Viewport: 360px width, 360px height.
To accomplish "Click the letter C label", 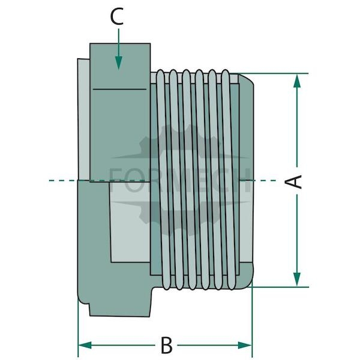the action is point(117,17).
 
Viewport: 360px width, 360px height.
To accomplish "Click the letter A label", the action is point(293,181).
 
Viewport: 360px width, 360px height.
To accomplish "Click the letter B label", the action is point(166,345).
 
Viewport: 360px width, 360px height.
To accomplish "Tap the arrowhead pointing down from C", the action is point(118,62).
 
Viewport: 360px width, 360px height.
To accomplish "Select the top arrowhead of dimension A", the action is point(297,81).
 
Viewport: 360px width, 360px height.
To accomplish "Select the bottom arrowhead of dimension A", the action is point(297,279).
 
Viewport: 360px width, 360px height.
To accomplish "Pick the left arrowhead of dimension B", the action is point(85,345).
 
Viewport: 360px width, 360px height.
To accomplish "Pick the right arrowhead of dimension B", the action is point(245,345).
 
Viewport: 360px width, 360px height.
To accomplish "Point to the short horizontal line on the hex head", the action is point(119,89).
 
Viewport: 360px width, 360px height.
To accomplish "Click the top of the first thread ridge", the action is point(160,73).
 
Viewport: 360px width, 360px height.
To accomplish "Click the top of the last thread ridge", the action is point(226,73).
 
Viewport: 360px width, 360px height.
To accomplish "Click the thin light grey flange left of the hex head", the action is point(84,119).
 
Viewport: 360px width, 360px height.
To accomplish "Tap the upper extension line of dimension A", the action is point(273,73).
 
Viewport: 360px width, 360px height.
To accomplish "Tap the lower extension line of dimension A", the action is point(280,287).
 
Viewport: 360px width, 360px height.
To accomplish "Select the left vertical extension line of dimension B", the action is point(78,328).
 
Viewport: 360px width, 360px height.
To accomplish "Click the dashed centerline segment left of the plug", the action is point(63,181).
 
